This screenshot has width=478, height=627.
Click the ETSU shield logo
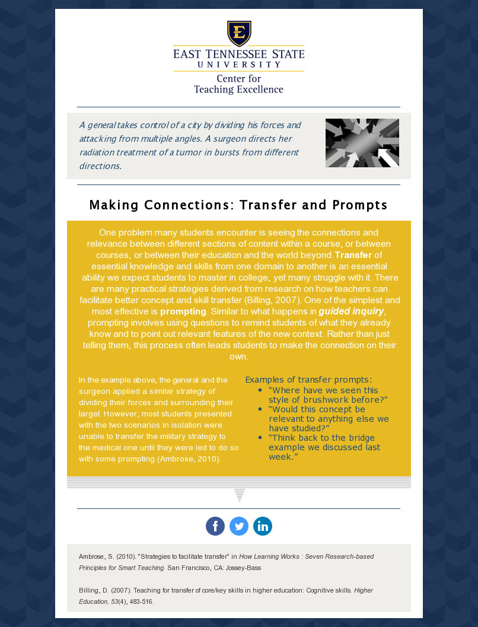coord(239,33)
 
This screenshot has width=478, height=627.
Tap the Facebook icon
coord(215,526)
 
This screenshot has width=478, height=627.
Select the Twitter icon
coord(239,526)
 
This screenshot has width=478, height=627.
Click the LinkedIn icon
coord(263,526)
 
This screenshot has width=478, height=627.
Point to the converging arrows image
coord(362,143)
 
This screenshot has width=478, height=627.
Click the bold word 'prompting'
coord(183,311)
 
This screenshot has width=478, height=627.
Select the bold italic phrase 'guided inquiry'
coord(351,311)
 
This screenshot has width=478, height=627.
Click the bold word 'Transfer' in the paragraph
coord(353,255)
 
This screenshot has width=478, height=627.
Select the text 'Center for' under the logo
coord(238,79)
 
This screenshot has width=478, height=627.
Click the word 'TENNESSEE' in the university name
coord(238,55)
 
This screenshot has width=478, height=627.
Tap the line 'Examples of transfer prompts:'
coord(308,380)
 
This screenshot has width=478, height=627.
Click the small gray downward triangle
coord(240,495)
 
